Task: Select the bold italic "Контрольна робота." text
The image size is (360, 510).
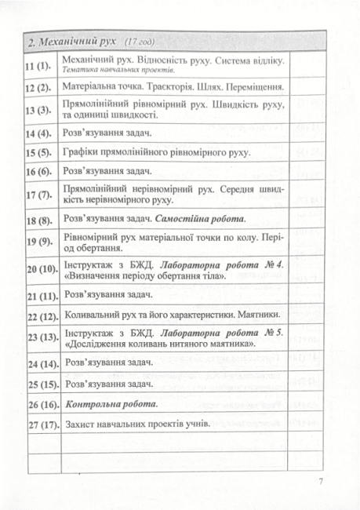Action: pos(112,405)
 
